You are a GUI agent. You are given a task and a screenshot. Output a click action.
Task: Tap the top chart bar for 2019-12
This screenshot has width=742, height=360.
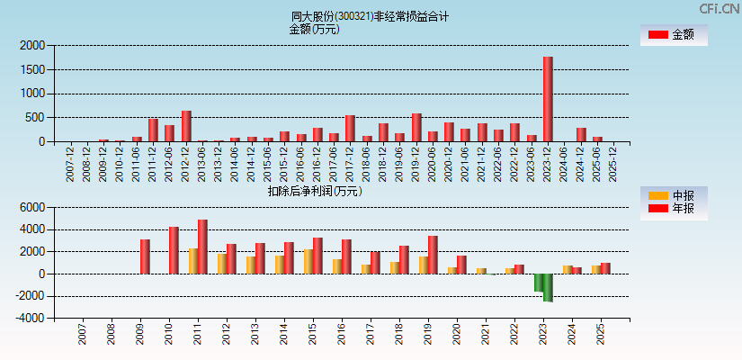(x=416, y=128)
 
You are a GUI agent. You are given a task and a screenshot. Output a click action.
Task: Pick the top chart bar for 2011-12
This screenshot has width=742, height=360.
(x=153, y=130)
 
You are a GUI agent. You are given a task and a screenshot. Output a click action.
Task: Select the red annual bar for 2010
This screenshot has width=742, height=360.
(x=174, y=250)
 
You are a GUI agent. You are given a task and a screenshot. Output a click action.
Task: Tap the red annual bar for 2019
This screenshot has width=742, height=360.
(x=433, y=255)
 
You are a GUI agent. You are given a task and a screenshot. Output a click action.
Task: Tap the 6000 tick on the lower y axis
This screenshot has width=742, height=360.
(x=32, y=207)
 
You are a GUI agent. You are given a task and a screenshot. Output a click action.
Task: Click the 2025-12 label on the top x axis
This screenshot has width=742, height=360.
(x=612, y=163)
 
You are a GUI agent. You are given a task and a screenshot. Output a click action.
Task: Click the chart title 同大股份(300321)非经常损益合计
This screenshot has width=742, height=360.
(x=370, y=16)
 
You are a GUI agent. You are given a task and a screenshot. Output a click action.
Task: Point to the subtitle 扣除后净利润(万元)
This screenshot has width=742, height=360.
(x=315, y=191)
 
